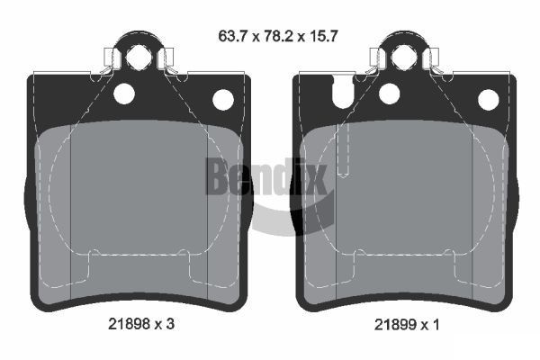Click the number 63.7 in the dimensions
[x=232, y=38]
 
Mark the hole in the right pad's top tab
[x=401, y=57]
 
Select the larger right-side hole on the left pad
[x=222, y=99]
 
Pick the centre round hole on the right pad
[x=390, y=92]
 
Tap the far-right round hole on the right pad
[x=488, y=99]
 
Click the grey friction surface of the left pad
[x=135, y=198]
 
